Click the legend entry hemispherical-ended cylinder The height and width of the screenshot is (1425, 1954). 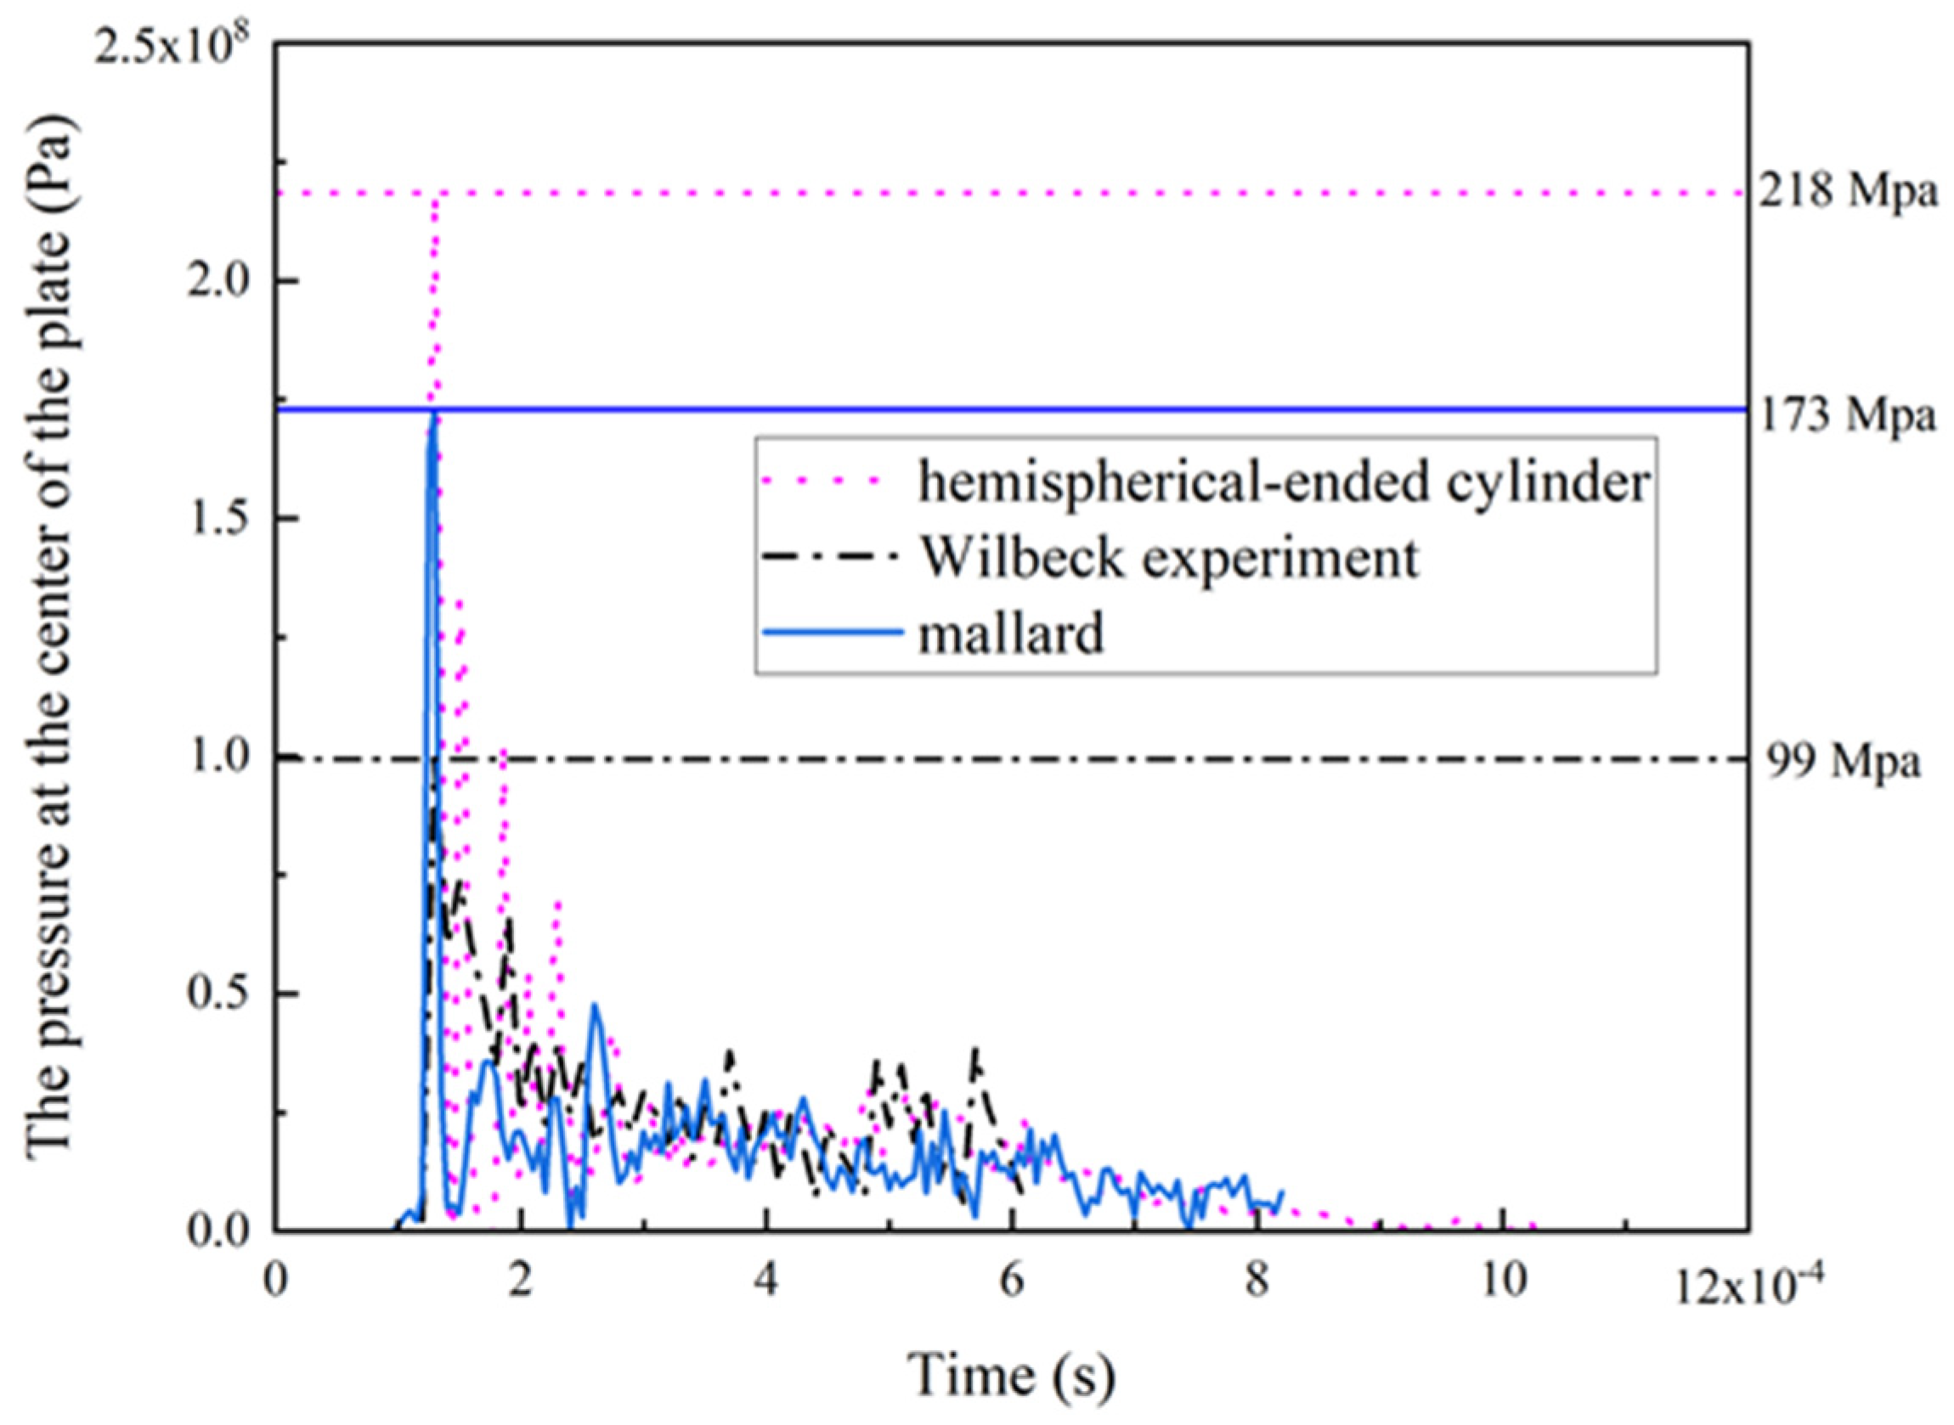pyautogui.click(x=1284, y=483)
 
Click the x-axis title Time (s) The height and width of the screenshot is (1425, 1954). pyautogui.click(x=1012, y=1373)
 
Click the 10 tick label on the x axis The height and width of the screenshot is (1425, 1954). pyautogui.click(x=1503, y=1280)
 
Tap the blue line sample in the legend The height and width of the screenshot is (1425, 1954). pyautogui.click(x=833, y=634)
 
